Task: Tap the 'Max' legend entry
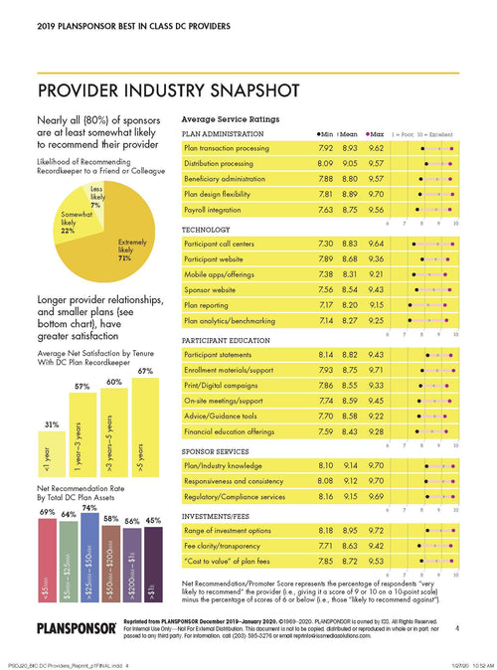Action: [x=379, y=131]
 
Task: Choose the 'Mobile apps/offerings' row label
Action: [x=225, y=274]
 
